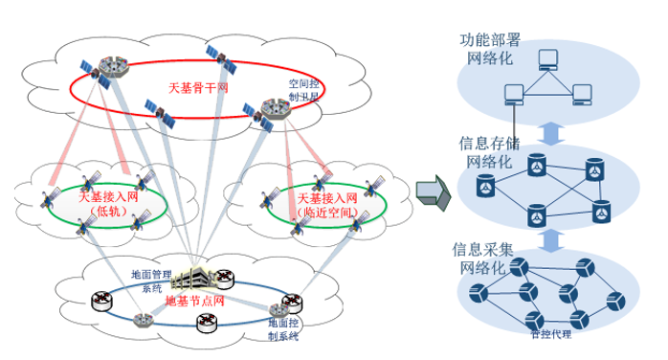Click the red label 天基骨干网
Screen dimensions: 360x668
pos(197,87)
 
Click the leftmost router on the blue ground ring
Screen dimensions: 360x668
pos(100,302)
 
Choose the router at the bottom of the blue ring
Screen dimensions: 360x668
pos(207,325)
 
